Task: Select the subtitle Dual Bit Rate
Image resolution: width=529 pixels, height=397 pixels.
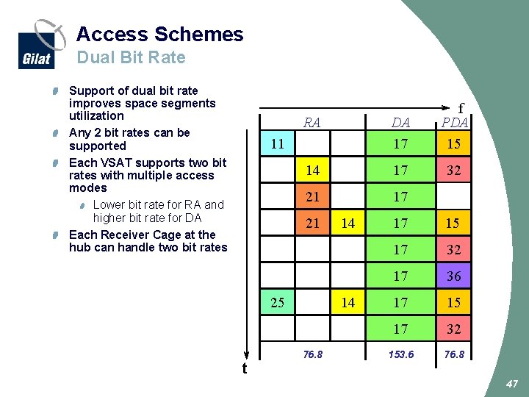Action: click(x=131, y=57)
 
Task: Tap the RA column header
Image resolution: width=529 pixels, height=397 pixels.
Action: click(x=312, y=122)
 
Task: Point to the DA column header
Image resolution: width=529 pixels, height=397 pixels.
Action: click(x=400, y=123)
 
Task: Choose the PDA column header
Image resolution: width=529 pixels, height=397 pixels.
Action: click(x=454, y=123)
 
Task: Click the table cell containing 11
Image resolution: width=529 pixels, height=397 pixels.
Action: click(x=277, y=144)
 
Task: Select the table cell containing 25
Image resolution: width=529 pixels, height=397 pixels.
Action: click(x=277, y=302)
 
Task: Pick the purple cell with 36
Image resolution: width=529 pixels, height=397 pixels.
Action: click(x=454, y=276)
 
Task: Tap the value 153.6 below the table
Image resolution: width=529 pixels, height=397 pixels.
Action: click(x=400, y=354)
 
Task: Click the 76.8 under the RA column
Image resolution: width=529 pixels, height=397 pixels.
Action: click(x=312, y=354)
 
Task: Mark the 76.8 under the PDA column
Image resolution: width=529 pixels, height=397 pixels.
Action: click(x=454, y=354)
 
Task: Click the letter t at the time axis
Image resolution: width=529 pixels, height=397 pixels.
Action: click(x=245, y=368)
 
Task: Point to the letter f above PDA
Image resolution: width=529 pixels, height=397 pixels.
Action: click(x=461, y=107)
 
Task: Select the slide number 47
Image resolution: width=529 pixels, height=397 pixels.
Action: click(x=512, y=383)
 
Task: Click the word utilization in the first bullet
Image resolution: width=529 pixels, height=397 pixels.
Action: click(x=96, y=115)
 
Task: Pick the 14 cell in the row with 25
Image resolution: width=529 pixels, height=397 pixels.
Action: click(x=348, y=302)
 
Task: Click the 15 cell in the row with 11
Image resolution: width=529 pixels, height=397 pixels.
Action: click(x=454, y=144)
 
